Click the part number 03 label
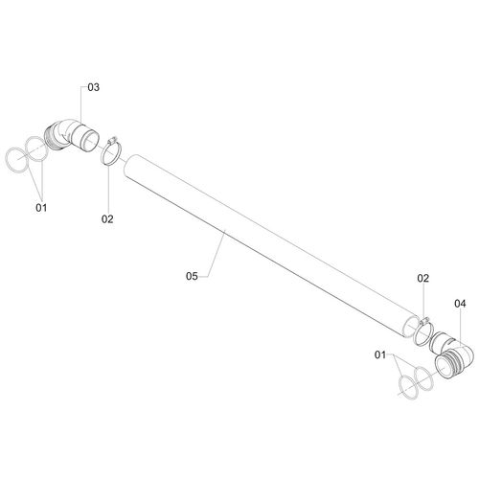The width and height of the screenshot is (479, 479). click(94, 87)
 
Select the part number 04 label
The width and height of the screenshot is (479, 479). click(460, 304)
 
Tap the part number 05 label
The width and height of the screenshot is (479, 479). click(191, 276)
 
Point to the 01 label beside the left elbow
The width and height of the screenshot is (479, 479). click(41, 206)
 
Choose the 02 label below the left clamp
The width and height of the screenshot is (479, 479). click(107, 219)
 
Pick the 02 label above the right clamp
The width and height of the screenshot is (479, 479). click(422, 278)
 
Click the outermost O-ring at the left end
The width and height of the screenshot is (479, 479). click(16, 157)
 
